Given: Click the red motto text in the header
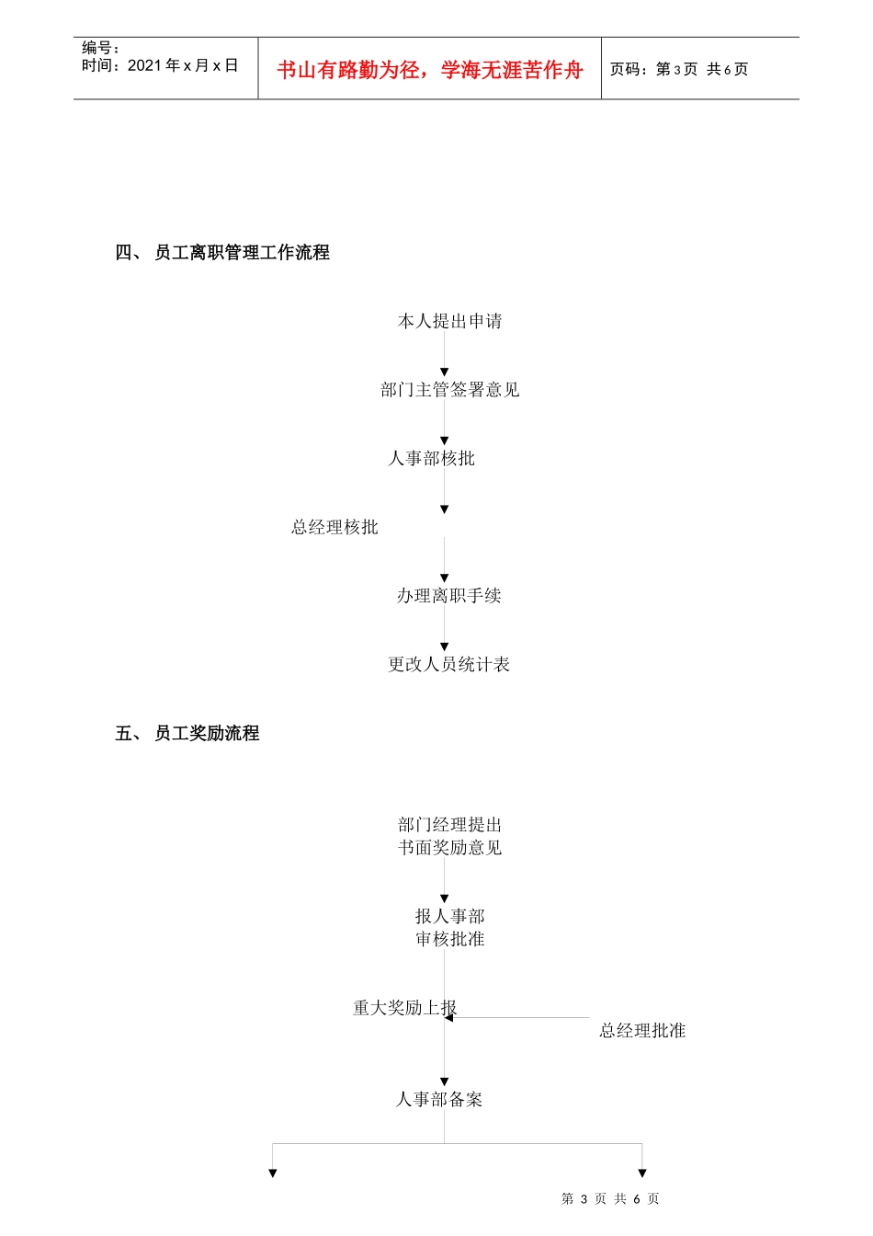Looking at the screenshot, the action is coord(430,70).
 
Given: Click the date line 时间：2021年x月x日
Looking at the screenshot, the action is coord(160,65).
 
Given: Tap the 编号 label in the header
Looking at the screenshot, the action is coord(100,48).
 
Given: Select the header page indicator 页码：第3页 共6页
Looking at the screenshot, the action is coord(679,69).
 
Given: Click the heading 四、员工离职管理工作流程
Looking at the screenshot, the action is coord(222,252).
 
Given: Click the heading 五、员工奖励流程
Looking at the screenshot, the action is coord(187,733).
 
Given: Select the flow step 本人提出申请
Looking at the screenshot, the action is coord(449,321).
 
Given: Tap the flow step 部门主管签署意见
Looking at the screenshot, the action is coord(449,390).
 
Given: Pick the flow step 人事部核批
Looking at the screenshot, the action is coord(431,458).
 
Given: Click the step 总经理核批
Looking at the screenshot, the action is coord(334,527).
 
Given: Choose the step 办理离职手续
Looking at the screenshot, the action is coord(448,596).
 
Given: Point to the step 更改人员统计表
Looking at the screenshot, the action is coord(448,664).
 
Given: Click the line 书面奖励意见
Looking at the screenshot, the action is coord(449,847).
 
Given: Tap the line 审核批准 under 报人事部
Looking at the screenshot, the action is coord(449,939).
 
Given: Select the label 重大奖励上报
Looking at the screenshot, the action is coord(404,1008).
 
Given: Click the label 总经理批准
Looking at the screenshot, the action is coord(642,1031).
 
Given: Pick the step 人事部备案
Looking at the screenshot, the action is coord(438,1099).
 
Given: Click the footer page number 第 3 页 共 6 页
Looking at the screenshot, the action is coord(610,1198).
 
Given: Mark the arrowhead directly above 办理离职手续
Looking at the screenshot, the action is coord(445,578).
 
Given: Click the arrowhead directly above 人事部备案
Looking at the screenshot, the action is coord(445,1081).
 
